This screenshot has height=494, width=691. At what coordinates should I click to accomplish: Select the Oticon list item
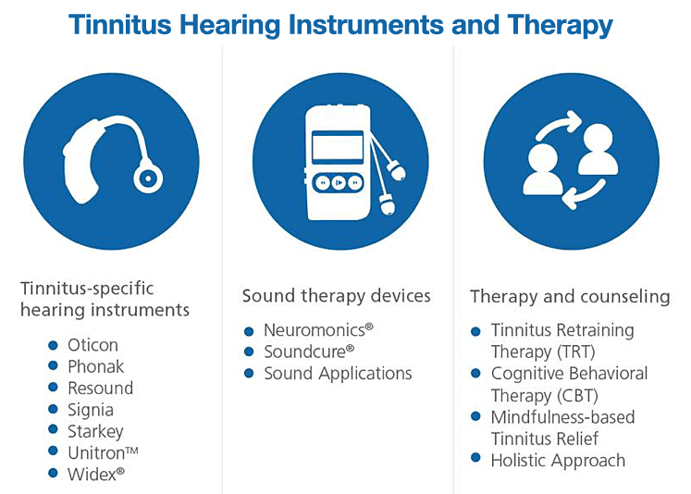pos(93,345)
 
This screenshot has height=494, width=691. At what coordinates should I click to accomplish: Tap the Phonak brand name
pos(95,366)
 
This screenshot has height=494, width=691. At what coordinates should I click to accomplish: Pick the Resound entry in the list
pos(100,388)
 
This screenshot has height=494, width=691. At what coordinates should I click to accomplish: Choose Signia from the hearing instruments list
pos(91,409)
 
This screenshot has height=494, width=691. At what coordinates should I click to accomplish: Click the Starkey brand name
pos(95,431)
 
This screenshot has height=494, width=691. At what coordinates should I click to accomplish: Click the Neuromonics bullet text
pos(314,330)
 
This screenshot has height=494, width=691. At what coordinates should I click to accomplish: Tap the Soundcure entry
pos(310,352)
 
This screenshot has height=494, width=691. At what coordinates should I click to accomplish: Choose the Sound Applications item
pos(338,374)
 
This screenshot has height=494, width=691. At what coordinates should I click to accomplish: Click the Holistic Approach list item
pos(558,460)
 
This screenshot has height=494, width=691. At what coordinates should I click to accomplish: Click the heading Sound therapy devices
pos(337,296)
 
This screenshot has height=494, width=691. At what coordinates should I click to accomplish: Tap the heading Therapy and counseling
pos(570,297)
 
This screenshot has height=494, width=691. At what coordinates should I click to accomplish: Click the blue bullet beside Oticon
pos(54,345)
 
